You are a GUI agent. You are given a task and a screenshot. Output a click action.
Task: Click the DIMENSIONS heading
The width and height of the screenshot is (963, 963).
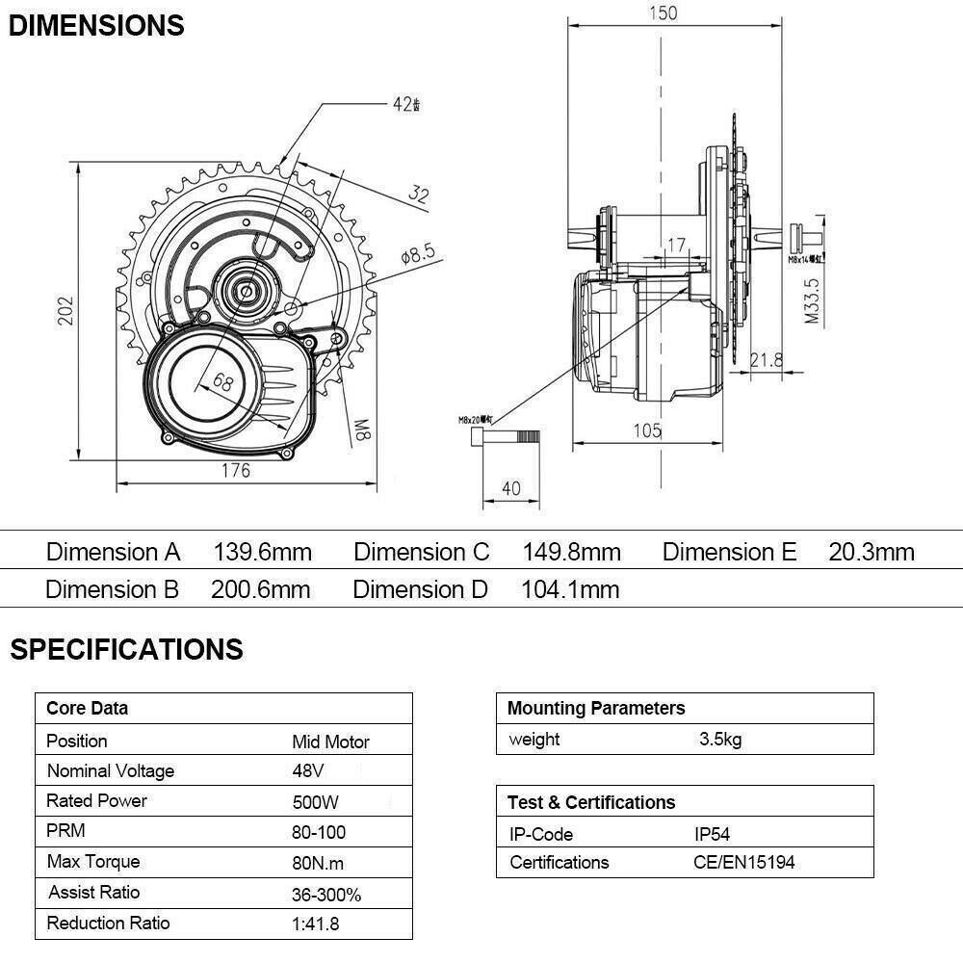point(96,25)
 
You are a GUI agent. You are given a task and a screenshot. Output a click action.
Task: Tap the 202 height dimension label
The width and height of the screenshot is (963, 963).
point(65,310)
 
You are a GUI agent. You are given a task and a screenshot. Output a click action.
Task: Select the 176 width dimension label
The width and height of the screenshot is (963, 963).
point(236,470)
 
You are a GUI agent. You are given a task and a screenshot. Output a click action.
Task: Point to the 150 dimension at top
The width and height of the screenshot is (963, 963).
point(662,13)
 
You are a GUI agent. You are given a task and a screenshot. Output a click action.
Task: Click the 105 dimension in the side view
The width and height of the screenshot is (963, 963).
point(648,430)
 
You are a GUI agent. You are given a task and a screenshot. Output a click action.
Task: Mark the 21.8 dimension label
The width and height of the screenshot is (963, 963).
point(767,359)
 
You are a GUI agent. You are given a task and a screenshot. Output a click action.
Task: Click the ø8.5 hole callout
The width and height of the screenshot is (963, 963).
point(418,255)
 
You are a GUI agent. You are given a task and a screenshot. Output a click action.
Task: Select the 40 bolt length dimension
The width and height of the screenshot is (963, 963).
point(511,488)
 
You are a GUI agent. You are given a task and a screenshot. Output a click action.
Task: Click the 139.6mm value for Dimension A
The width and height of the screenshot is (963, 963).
point(262,552)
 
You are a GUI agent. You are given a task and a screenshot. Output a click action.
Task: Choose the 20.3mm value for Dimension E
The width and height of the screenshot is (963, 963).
point(872,552)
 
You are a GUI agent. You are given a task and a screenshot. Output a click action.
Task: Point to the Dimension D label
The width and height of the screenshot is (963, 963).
point(420,589)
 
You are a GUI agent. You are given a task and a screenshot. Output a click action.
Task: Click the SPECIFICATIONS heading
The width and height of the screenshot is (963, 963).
point(127,649)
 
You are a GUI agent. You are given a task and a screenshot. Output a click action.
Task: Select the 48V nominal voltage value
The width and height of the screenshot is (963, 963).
point(308,771)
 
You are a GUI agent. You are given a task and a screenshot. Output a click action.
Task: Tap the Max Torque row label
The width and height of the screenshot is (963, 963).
point(93,862)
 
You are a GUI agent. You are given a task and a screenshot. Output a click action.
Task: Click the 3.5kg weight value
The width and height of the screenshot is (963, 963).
point(720,740)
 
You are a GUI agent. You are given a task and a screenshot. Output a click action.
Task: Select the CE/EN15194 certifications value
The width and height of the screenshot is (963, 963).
point(744,862)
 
